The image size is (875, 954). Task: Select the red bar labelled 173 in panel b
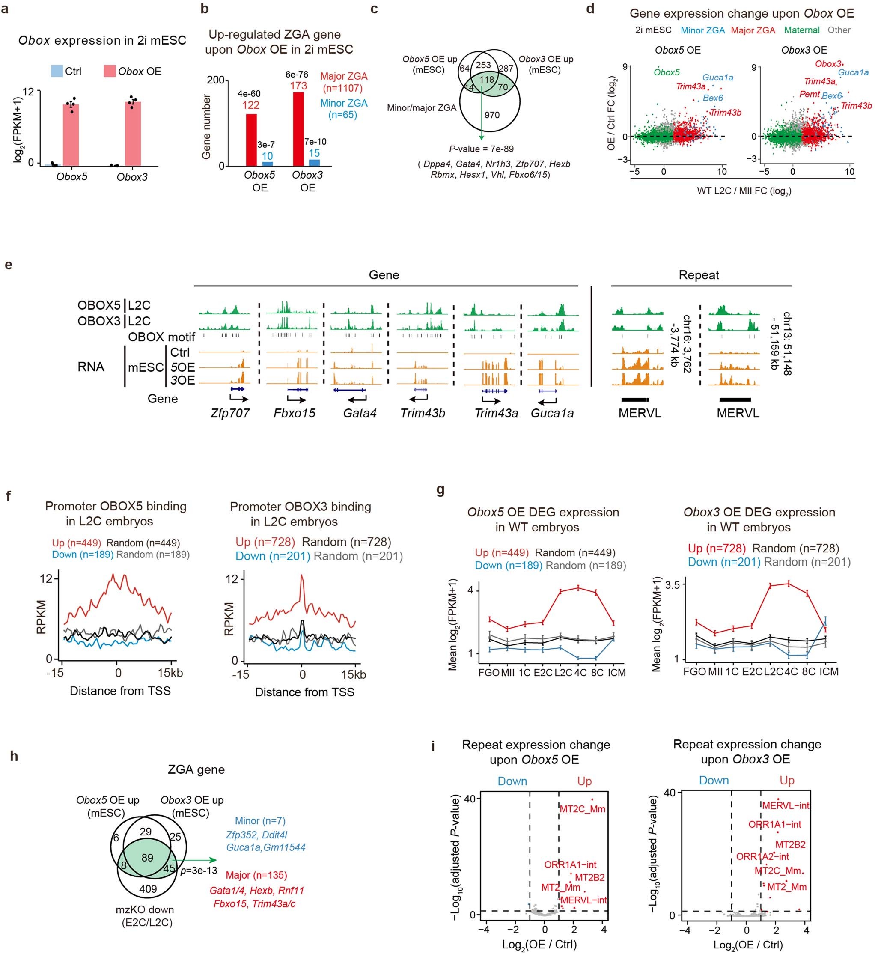coord(298,129)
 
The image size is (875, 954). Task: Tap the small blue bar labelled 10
coord(268,164)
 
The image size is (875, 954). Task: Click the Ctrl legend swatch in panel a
coord(57,72)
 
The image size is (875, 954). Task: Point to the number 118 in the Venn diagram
coord(487,80)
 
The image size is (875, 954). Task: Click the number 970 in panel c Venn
coord(492,115)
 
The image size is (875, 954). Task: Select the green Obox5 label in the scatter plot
coord(666,72)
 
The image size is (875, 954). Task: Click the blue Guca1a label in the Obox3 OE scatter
coord(853,72)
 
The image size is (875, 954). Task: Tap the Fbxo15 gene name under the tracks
coord(295,413)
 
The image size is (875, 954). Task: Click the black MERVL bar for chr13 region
coord(735,400)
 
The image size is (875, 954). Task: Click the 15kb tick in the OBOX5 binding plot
coord(170,673)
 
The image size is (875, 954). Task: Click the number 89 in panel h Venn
coord(147,857)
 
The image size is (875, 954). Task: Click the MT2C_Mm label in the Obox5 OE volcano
coord(582,809)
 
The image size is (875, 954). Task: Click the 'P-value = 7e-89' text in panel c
coord(481,149)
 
